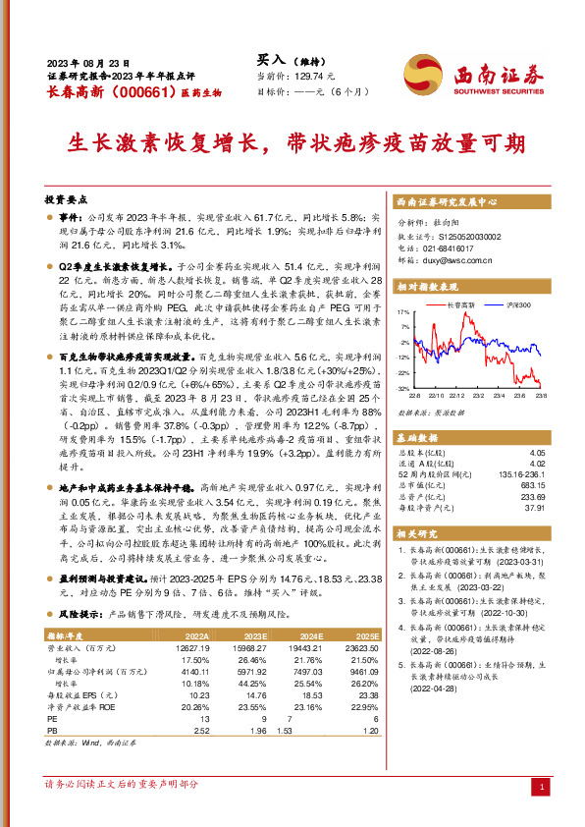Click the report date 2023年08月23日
coord(88,59)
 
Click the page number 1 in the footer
coord(542,787)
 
